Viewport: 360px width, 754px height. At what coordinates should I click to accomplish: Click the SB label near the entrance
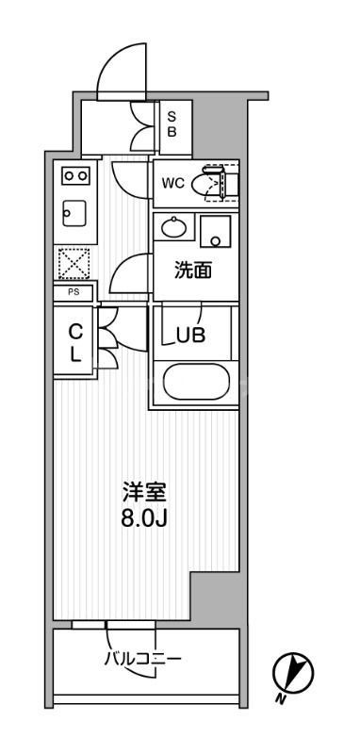(x=172, y=124)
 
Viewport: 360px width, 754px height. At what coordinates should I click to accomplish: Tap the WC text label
(x=172, y=183)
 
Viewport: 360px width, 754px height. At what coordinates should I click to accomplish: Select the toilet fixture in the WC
(x=208, y=184)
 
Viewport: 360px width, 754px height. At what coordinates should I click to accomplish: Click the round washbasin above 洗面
(x=173, y=227)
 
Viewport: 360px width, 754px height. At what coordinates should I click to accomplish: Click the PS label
(x=73, y=293)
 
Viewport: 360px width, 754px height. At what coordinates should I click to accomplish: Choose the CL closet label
(x=75, y=343)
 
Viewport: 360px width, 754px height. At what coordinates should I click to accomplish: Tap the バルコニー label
(x=142, y=657)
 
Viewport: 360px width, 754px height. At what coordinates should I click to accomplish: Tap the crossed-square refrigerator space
(x=73, y=263)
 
